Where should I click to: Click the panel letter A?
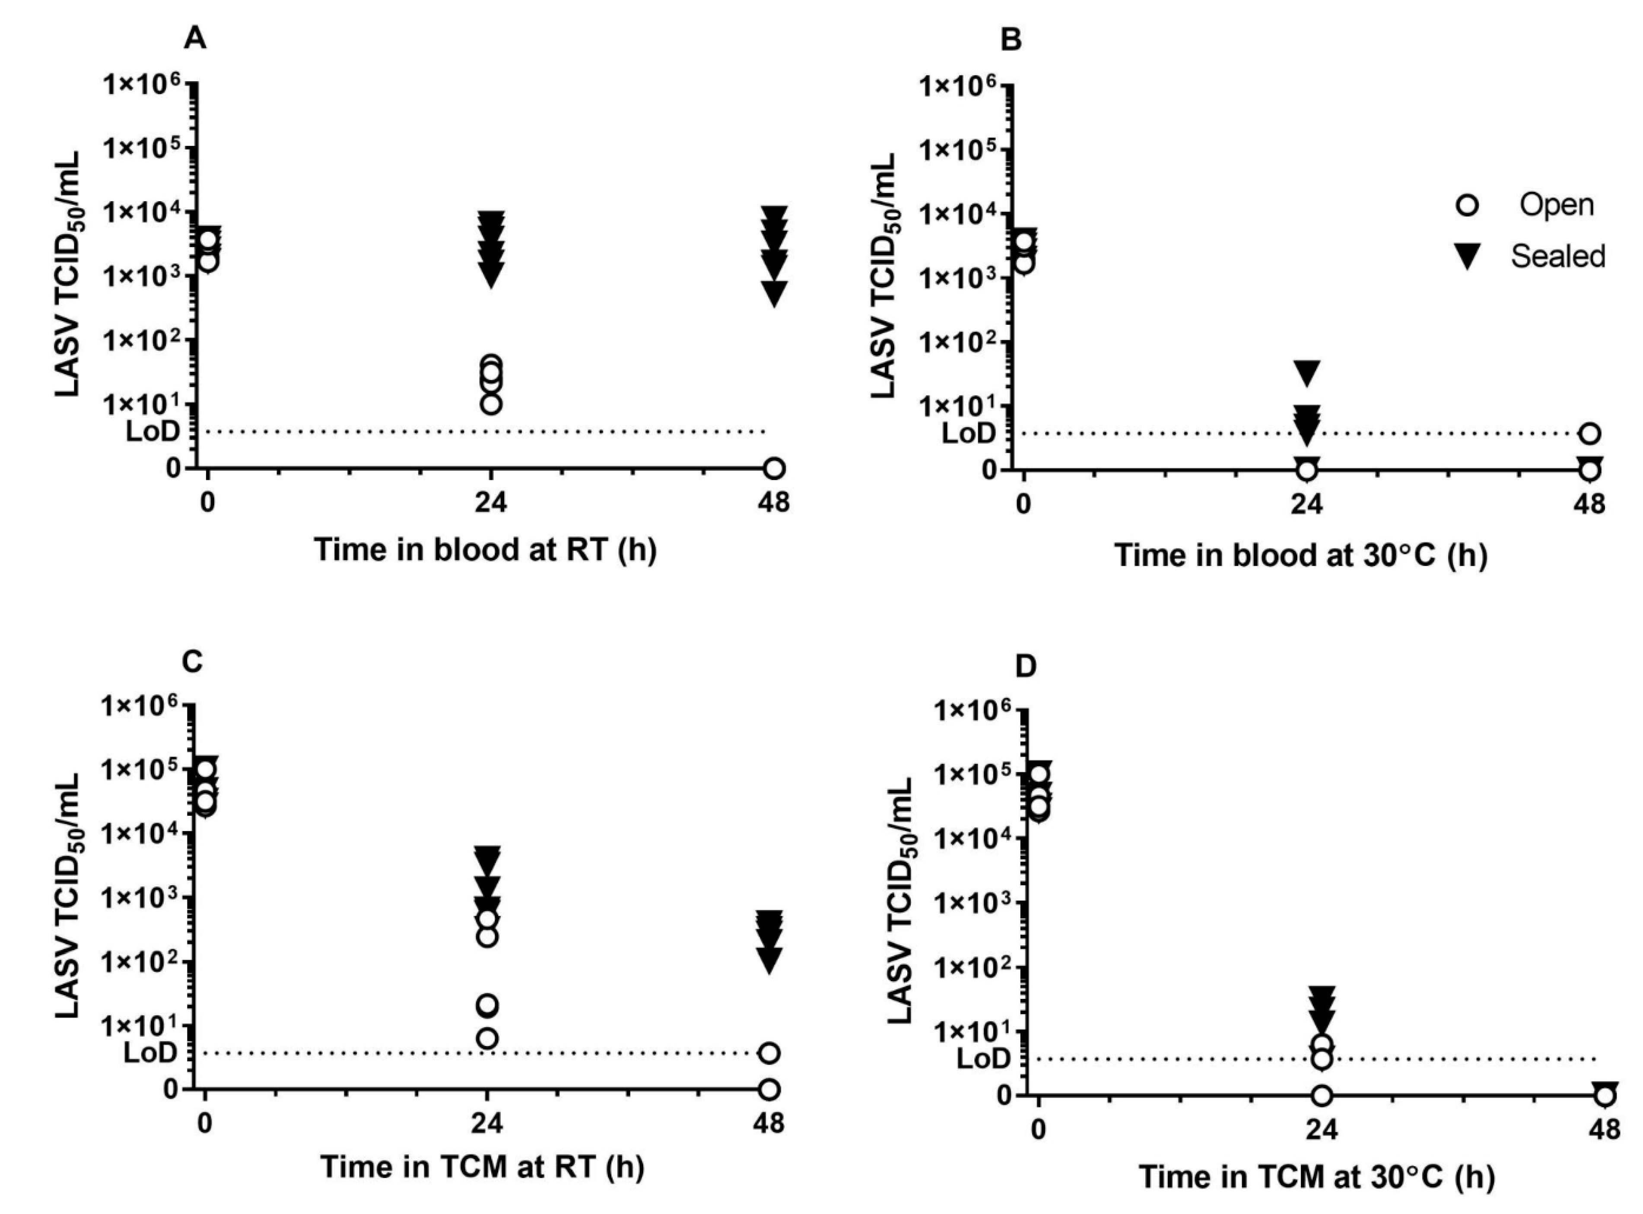[195, 38]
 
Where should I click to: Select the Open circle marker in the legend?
[1467, 204]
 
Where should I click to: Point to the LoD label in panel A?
[153, 431]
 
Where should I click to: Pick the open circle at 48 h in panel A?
[774, 468]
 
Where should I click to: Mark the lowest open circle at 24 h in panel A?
[492, 403]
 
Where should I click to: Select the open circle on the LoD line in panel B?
[1590, 433]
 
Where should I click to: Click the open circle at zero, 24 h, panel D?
[1322, 1096]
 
